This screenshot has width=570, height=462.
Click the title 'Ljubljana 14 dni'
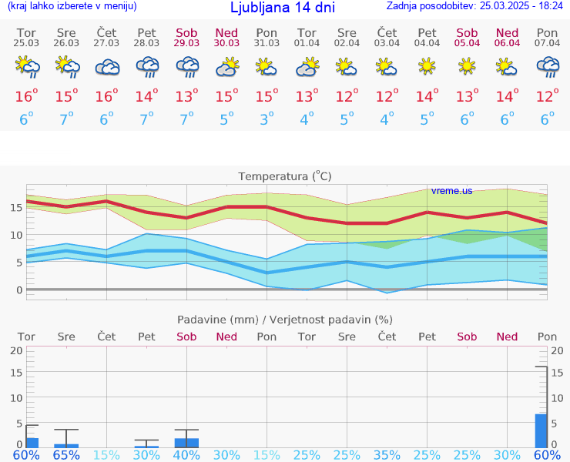281,8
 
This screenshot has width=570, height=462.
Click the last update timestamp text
476,6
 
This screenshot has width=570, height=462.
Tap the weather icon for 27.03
106,68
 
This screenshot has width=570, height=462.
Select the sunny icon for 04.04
427,68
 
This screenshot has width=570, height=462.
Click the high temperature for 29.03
186,96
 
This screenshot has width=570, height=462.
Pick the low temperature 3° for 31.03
267,119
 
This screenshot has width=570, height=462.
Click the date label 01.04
307,42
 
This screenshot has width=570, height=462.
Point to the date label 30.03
226,42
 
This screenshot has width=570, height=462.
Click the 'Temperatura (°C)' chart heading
285,176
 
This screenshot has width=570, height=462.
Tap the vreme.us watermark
451,190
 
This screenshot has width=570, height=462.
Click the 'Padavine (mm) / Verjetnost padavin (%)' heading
285,320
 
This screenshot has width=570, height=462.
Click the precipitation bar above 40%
186,443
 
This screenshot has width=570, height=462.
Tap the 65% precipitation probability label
66,455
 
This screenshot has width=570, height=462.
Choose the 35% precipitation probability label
387,455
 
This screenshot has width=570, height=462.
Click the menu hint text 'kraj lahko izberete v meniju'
72,6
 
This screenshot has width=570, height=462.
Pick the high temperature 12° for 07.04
547,96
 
